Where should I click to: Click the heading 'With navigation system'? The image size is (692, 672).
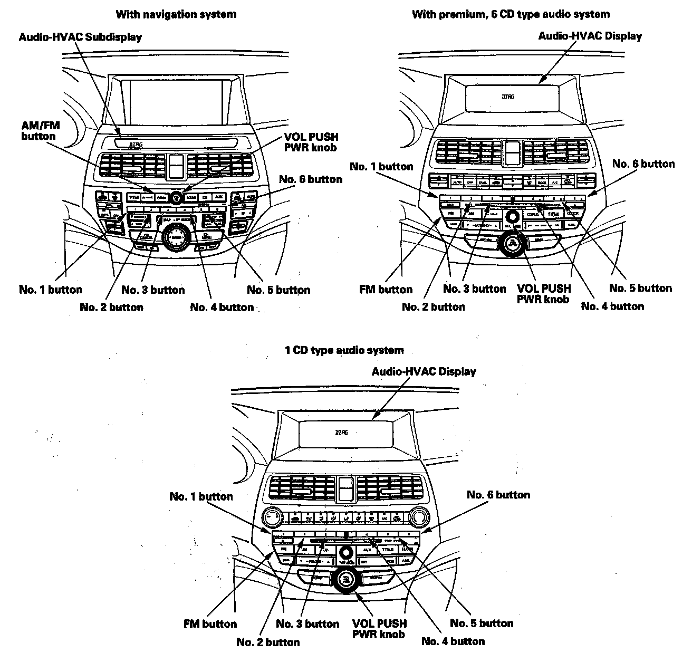[176, 14]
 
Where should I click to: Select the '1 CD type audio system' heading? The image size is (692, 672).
[344, 350]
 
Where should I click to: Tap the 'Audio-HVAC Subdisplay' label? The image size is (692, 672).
[80, 37]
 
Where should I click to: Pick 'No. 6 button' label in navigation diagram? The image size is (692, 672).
[311, 179]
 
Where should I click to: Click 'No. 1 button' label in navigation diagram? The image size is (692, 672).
[51, 290]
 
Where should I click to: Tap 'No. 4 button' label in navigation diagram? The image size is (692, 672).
[222, 307]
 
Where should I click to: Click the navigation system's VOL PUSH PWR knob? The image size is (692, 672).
[176, 197]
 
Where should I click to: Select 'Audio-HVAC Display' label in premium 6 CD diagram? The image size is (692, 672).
[590, 36]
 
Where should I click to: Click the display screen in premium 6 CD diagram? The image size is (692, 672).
[510, 97]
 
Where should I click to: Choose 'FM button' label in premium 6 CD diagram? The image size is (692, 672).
[386, 289]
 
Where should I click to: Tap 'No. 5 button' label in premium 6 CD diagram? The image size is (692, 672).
[640, 288]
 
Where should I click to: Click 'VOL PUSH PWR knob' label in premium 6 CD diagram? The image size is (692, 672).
[543, 294]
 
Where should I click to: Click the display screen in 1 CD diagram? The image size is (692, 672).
[344, 434]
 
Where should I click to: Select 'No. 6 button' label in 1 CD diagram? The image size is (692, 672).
[498, 495]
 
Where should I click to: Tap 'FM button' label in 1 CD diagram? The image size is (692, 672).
[210, 624]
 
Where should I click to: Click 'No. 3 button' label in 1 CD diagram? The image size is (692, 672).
[307, 624]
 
